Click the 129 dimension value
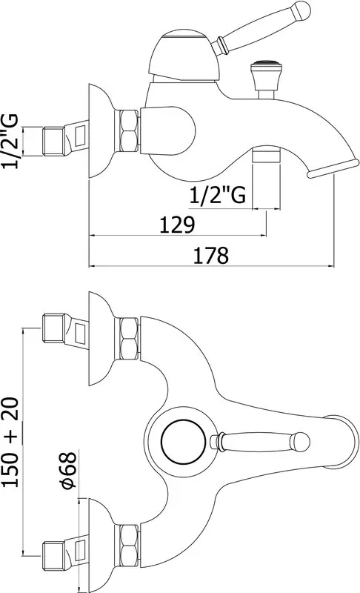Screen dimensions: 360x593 coord(177,225)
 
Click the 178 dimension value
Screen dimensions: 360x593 coord(211,255)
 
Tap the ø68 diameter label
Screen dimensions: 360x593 coord(69,468)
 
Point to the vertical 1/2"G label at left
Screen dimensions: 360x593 coord(10,141)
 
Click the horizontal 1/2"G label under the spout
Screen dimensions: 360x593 coord(217,196)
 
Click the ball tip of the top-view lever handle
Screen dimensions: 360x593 coord(301,442)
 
